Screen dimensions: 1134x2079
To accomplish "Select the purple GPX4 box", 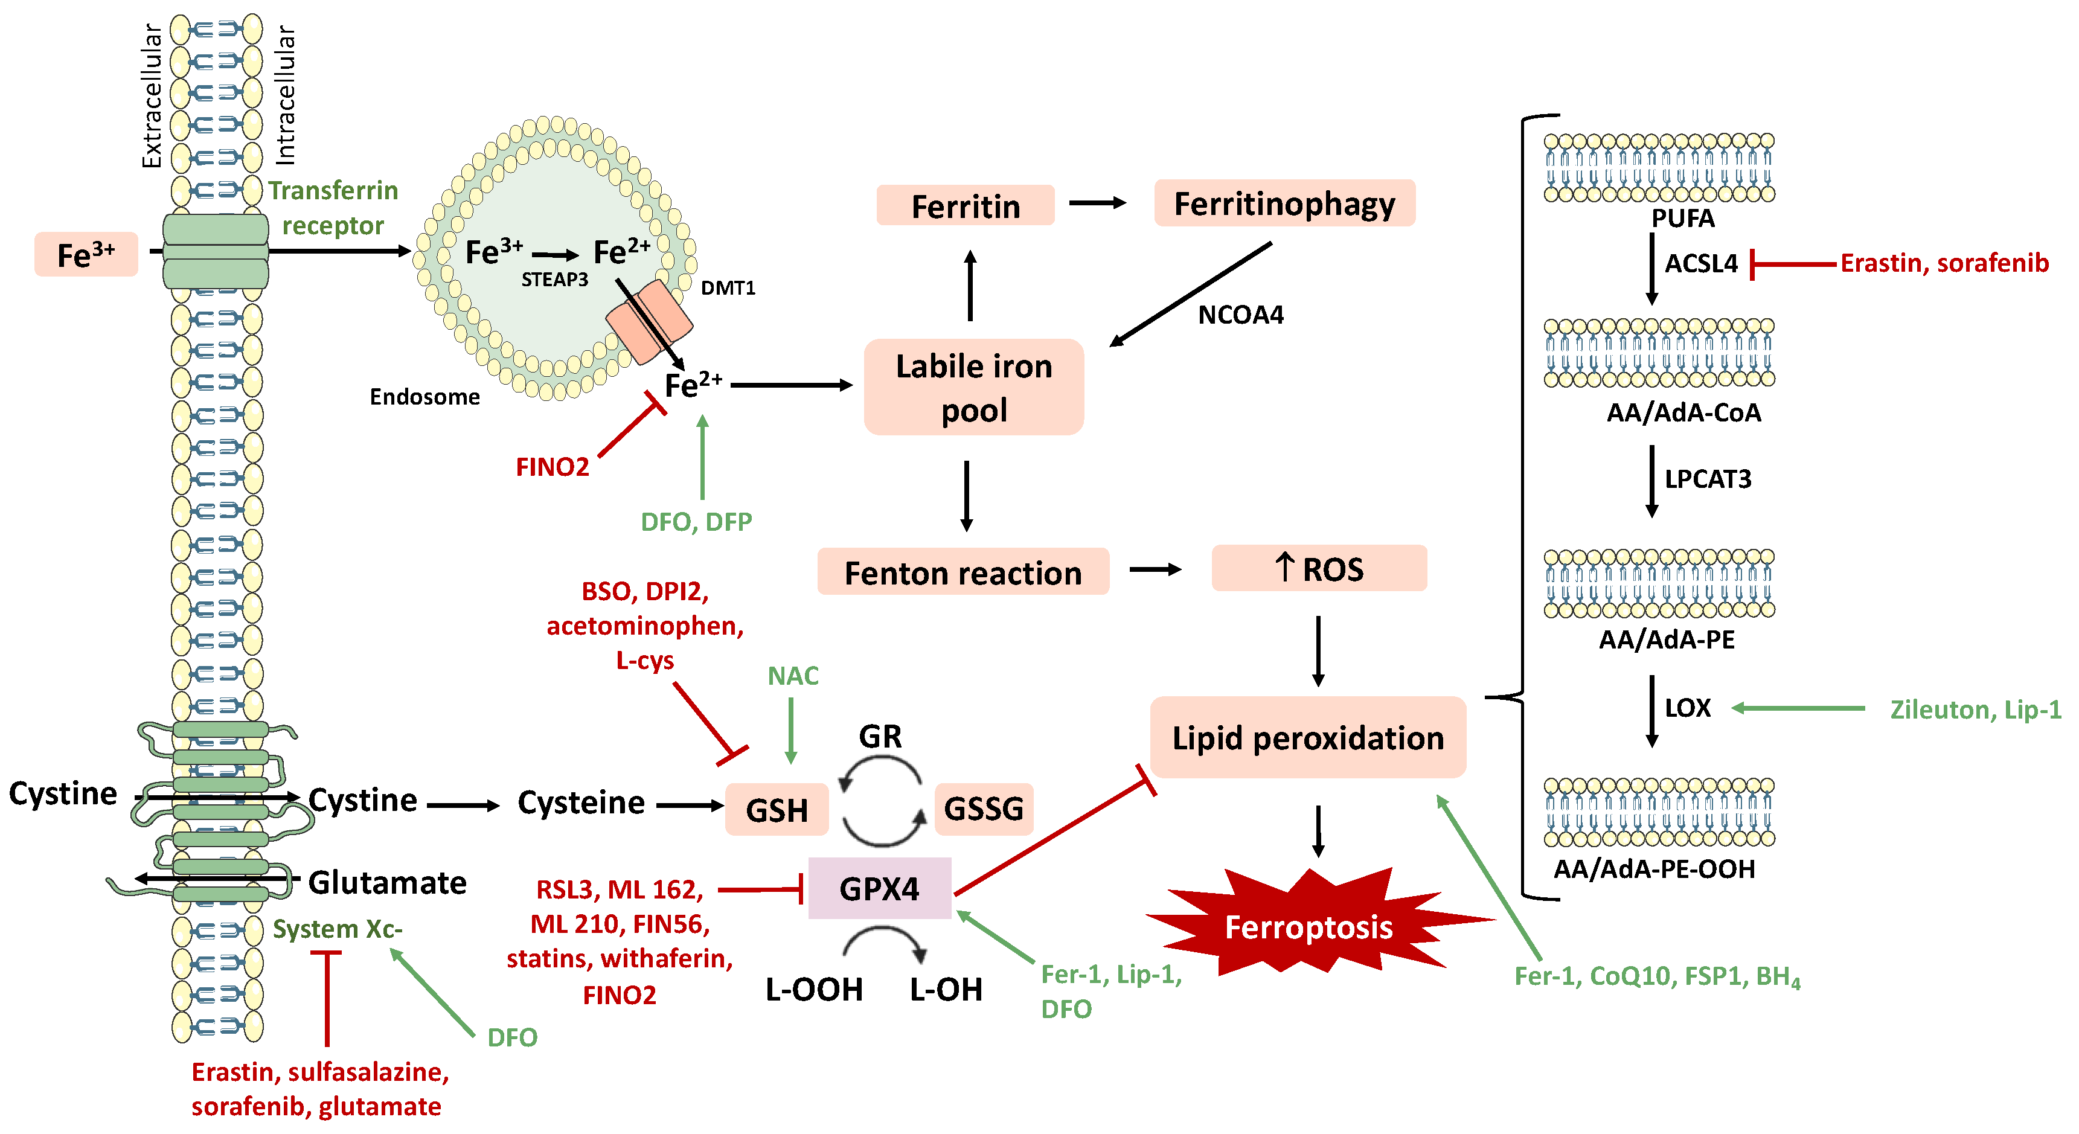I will tap(879, 889).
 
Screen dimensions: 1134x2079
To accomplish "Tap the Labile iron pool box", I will tap(973, 388).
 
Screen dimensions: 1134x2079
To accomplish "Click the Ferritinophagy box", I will tap(1284, 203).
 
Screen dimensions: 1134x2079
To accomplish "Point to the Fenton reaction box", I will tap(963, 572).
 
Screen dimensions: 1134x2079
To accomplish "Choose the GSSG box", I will tap(984, 809).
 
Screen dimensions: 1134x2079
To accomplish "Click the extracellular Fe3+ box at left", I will tap(86, 255).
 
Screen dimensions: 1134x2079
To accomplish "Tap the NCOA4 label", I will tap(1240, 315).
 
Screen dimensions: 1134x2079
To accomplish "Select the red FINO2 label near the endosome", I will tap(552, 467).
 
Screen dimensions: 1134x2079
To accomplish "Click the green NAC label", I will tap(793, 676).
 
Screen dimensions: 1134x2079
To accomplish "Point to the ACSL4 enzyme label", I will tap(1701, 263).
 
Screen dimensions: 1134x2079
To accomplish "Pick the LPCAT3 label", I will tap(1708, 479).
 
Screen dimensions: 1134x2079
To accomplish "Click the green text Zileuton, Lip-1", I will tap(1975, 710).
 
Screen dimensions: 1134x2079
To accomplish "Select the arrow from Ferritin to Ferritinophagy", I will tap(1098, 203).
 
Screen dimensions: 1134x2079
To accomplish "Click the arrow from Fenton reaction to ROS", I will tap(1155, 570).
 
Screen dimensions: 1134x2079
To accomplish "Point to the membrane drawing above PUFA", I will tap(1659, 168).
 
